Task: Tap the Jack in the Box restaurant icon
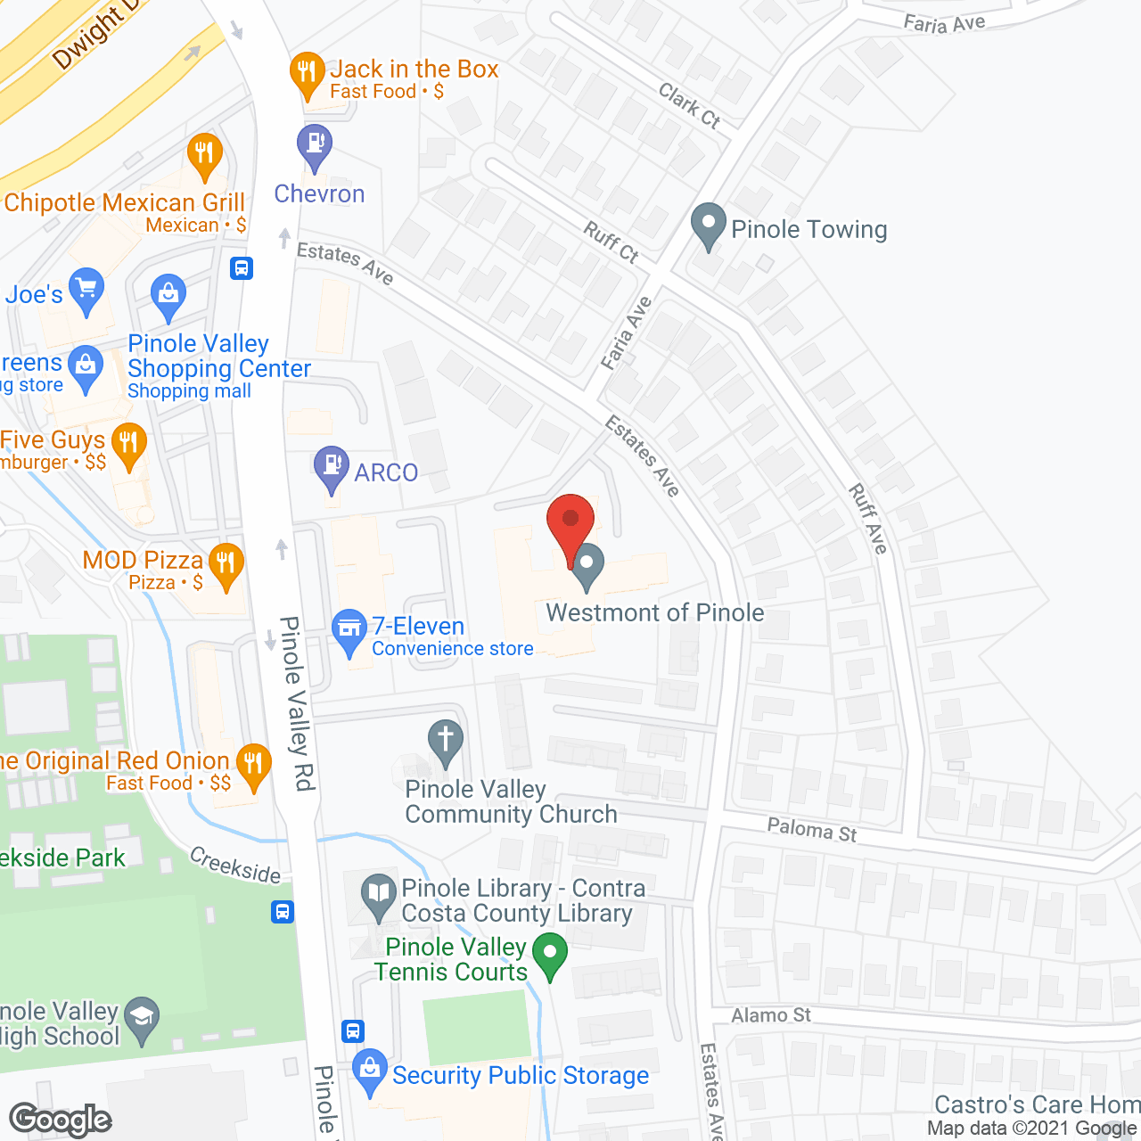(307, 73)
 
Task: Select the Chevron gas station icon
(314, 144)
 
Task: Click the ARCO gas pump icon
(332, 466)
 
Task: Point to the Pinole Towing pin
(709, 224)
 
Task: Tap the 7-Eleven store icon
(349, 629)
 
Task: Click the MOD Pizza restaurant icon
(226, 564)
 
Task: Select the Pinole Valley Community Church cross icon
(446, 742)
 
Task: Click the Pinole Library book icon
(379, 894)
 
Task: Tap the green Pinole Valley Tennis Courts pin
(550, 954)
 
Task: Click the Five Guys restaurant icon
(130, 444)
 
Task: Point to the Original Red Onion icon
(254, 764)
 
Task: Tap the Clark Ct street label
(689, 105)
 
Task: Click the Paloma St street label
(811, 830)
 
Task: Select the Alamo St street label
(771, 1015)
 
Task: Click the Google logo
(61, 1120)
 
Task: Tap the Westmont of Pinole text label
(655, 613)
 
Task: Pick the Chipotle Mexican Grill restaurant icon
(205, 155)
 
